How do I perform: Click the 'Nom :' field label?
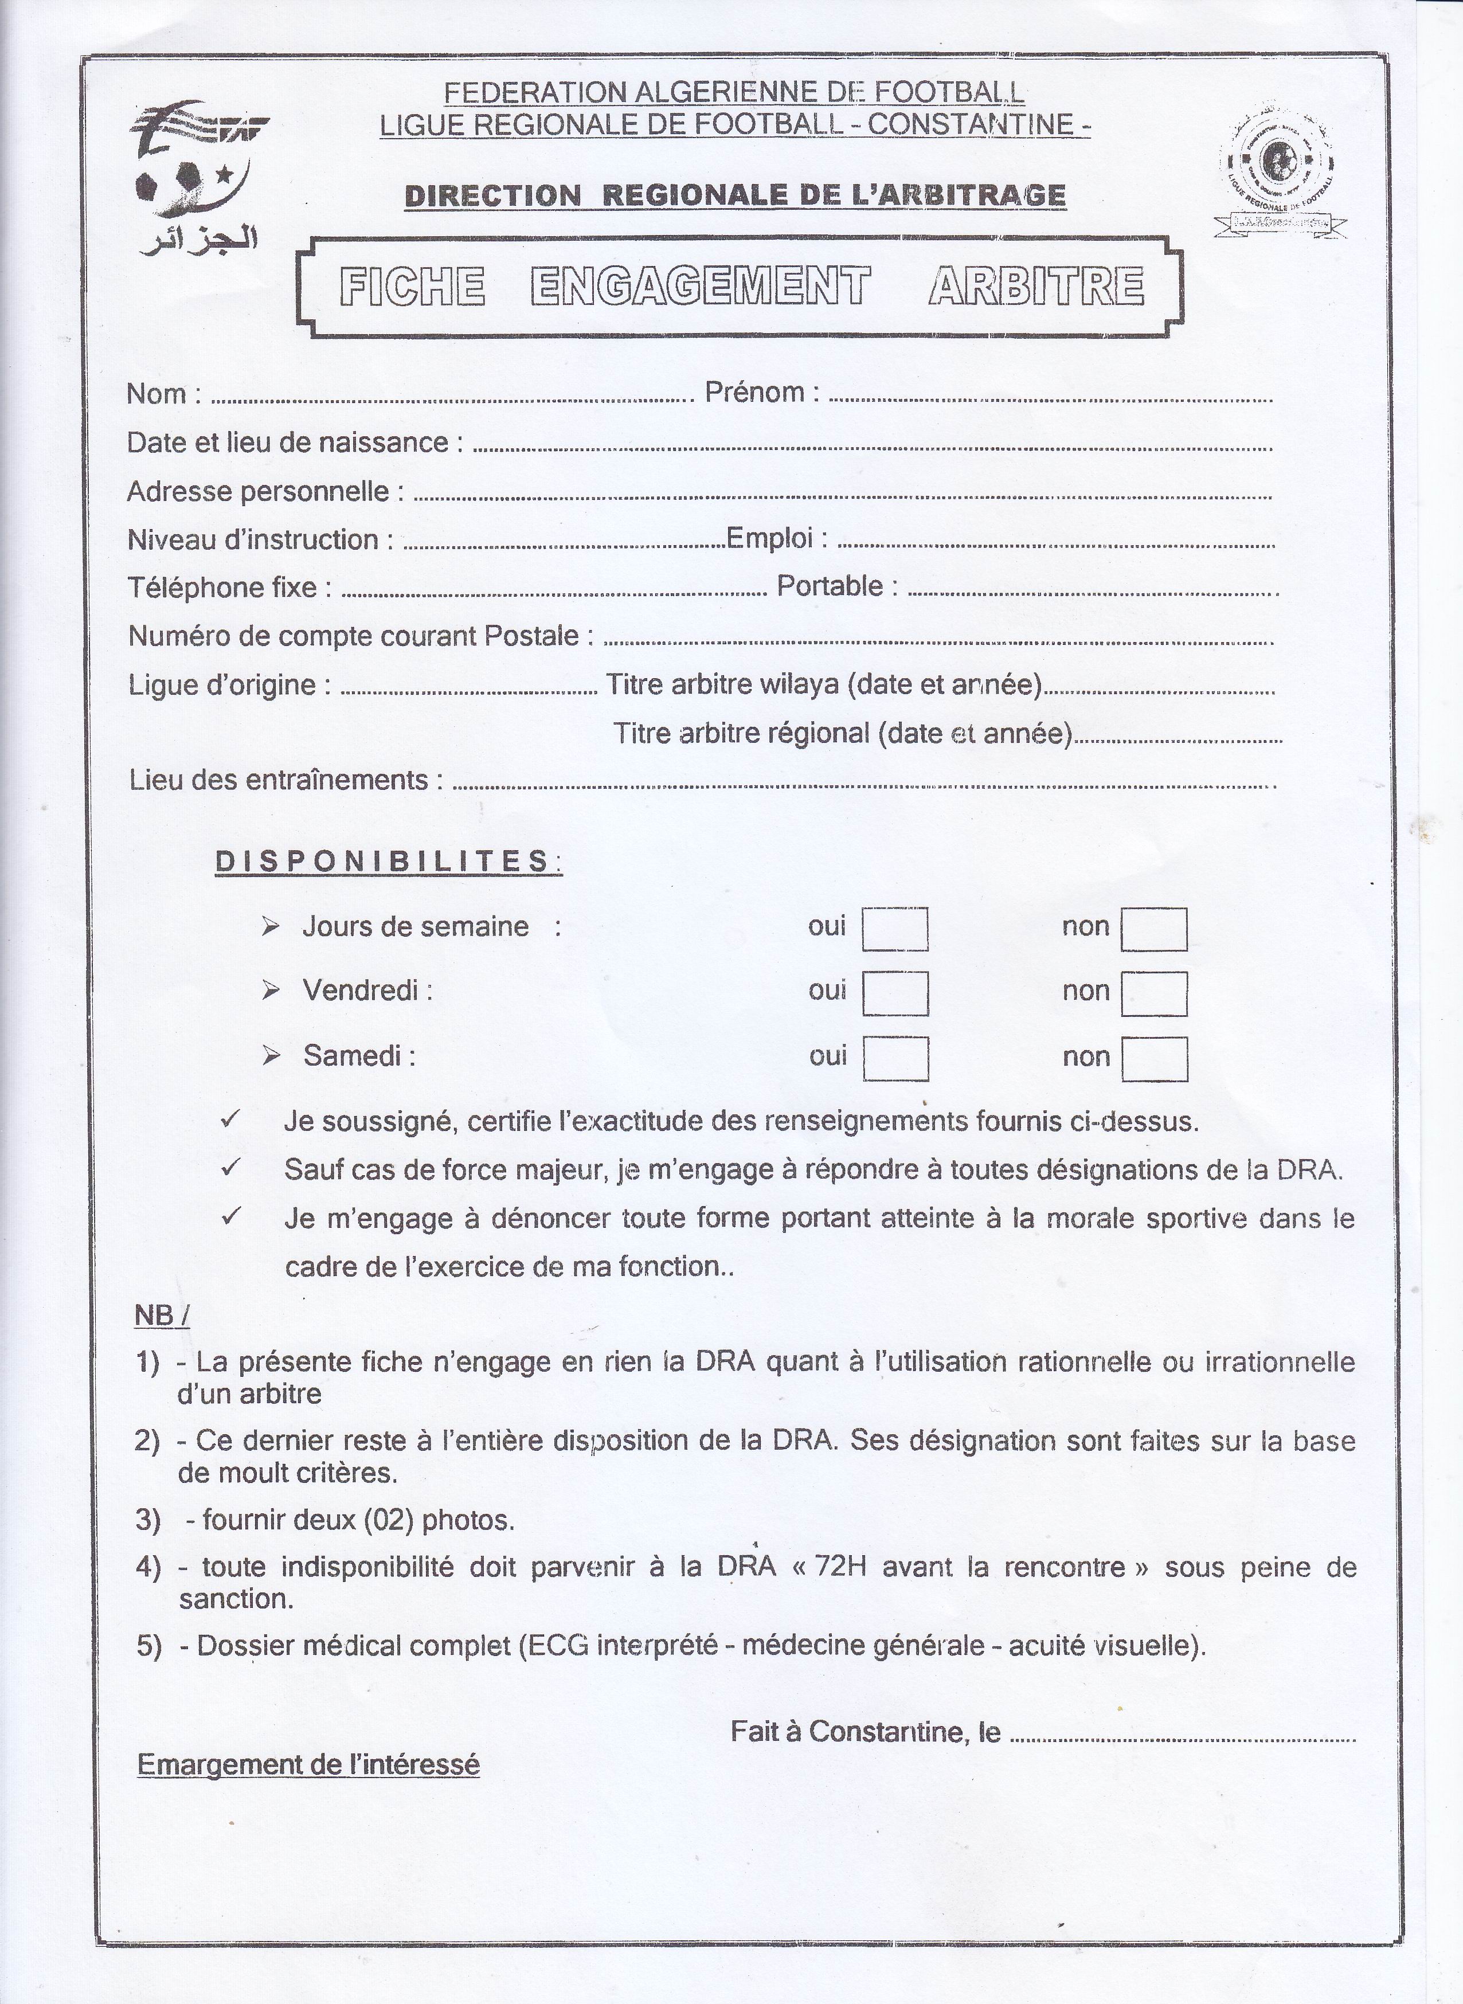[x=163, y=393]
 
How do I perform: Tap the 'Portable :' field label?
[x=836, y=586]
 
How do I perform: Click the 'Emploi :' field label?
[x=777, y=538]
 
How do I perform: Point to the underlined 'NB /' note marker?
[x=161, y=1316]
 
